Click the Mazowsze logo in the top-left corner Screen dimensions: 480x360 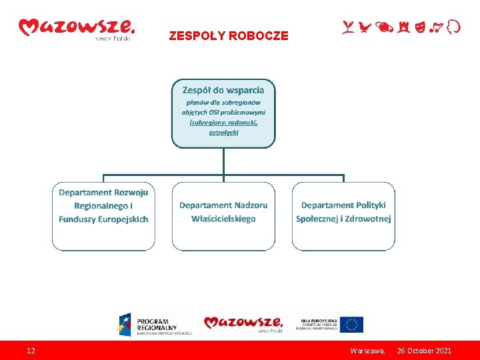pyautogui.click(x=76, y=28)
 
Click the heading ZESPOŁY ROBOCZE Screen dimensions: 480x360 pyautogui.click(x=229, y=36)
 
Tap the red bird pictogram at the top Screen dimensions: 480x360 pyautogui.click(x=364, y=27)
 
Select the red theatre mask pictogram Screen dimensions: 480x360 pyautogui.click(x=420, y=27)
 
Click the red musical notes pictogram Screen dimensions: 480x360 pyautogui.click(x=436, y=27)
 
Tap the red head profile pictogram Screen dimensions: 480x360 pyautogui.click(x=453, y=27)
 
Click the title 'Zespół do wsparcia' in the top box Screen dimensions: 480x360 pyautogui.click(x=223, y=89)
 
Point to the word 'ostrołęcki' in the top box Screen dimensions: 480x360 pyautogui.click(x=223, y=132)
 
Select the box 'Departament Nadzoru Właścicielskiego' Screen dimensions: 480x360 pyautogui.click(x=223, y=216)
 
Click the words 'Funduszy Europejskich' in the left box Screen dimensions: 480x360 pyautogui.click(x=103, y=219)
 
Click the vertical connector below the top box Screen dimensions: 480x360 pyautogui.click(x=223, y=161)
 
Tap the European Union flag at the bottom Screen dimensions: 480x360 pyautogui.click(x=351, y=325)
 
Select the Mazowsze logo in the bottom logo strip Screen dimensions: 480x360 pyautogui.click(x=244, y=324)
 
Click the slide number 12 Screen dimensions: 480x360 pyautogui.click(x=31, y=351)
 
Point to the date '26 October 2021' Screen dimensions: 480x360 pyautogui.click(x=424, y=351)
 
